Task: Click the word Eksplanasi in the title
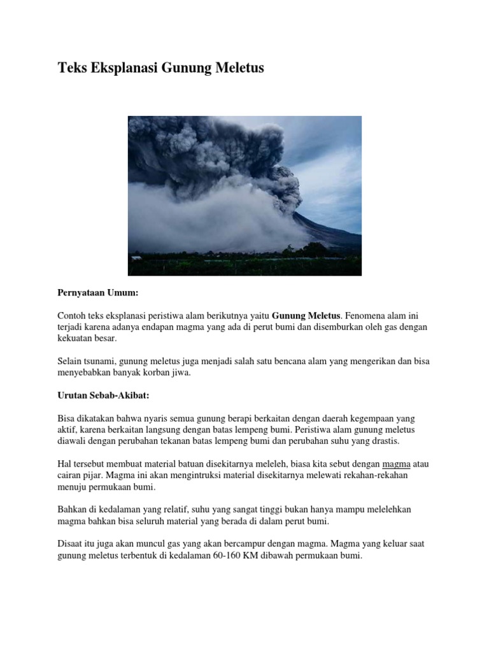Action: tap(117, 67)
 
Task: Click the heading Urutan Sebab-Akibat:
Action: tap(103, 395)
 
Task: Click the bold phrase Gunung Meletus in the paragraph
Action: tap(307, 315)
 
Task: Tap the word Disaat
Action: tap(70, 544)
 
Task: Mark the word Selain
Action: tap(70, 361)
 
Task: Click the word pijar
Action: tap(94, 476)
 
